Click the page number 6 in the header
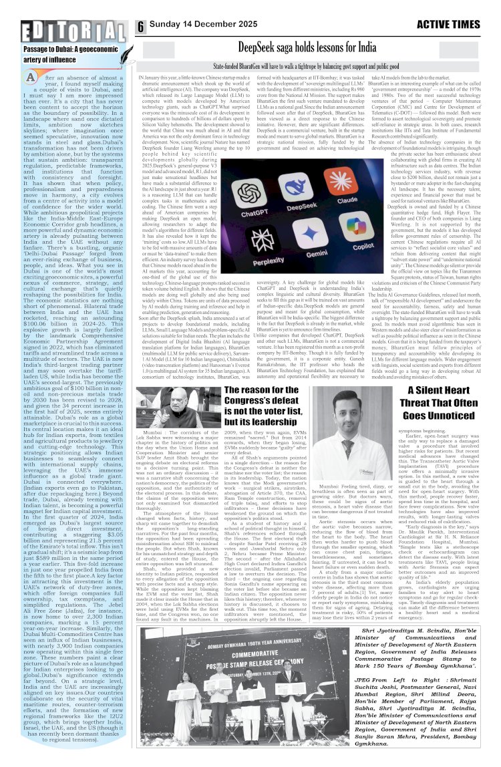(142, 26)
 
